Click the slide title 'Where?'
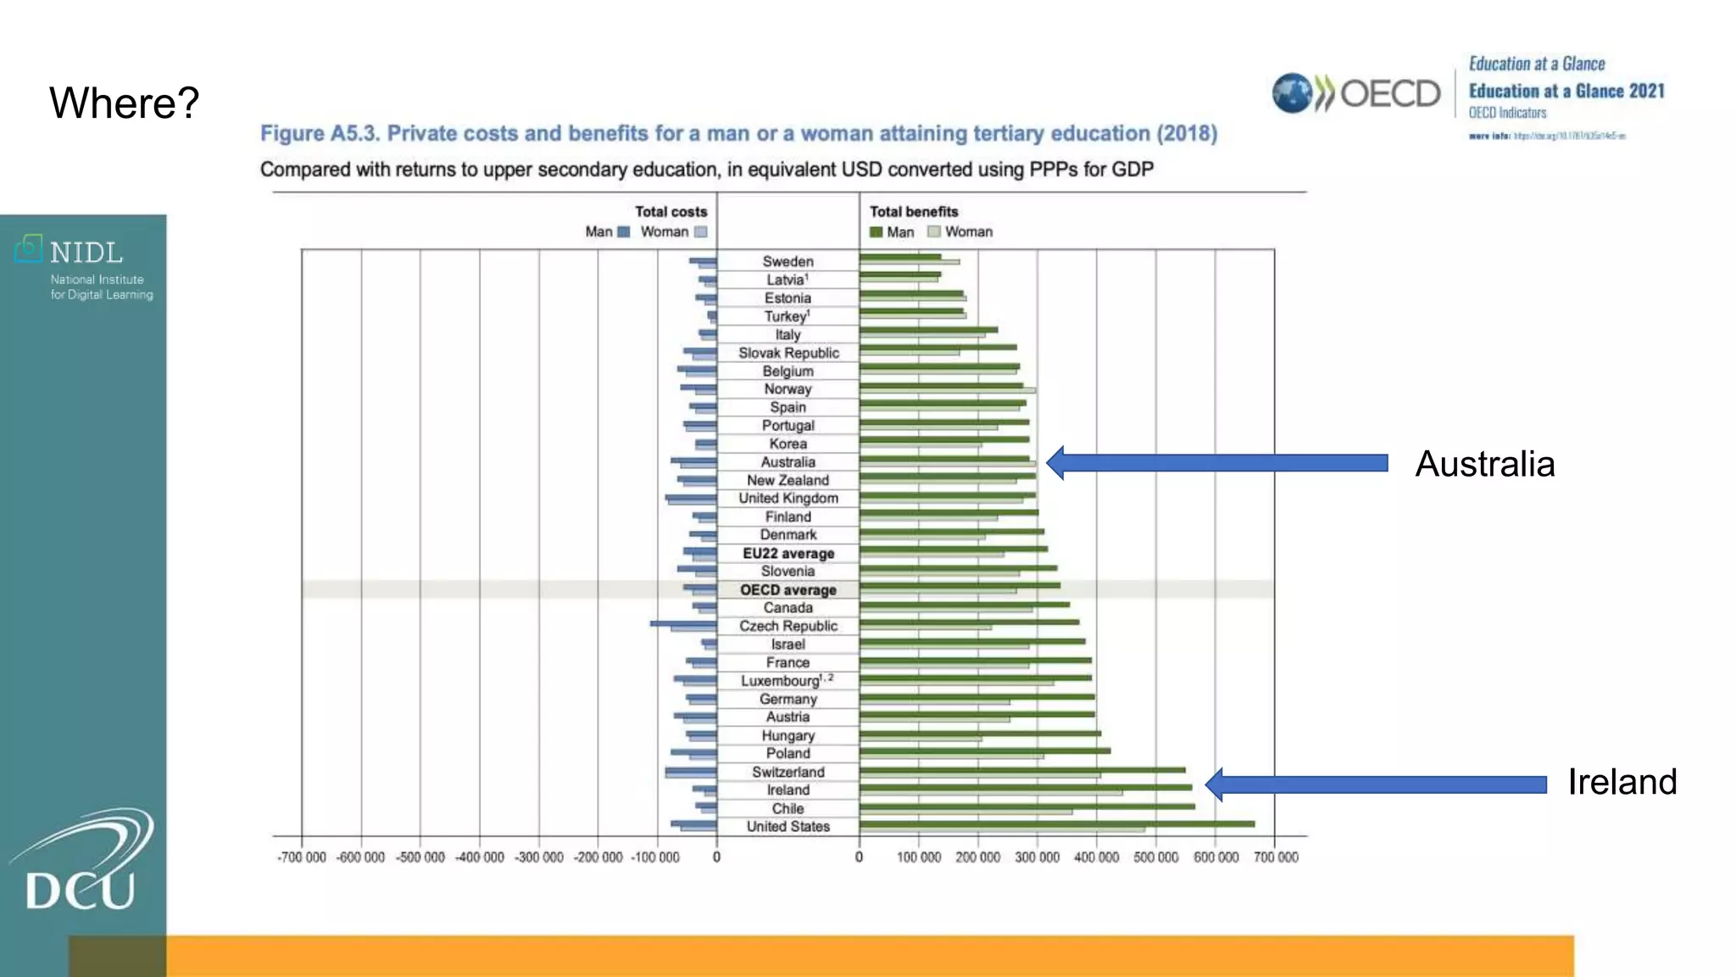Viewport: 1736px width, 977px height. (x=124, y=103)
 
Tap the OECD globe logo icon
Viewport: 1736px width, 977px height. (x=1292, y=93)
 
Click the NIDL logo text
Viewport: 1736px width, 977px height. (x=86, y=253)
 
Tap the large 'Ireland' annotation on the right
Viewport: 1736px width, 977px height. (x=1622, y=782)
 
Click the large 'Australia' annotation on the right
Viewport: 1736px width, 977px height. (x=1484, y=465)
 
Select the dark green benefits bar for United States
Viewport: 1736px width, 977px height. (x=1056, y=823)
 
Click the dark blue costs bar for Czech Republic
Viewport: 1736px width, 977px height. (x=683, y=624)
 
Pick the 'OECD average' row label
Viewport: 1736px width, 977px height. (x=787, y=590)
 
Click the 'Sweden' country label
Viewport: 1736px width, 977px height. (x=787, y=262)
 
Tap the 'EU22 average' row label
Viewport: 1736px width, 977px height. (x=788, y=554)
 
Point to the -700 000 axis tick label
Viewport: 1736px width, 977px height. (x=302, y=857)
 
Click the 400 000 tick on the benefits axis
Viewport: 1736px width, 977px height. (x=1096, y=857)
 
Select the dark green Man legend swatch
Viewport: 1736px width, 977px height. (x=876, y=232)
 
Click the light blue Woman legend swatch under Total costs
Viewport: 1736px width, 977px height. (x=701, y=232)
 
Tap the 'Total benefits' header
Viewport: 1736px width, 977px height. (x=914, y=212)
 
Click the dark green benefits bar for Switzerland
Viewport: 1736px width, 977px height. (x=1022, y=770)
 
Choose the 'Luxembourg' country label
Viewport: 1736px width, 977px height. (x=781, y=681)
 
